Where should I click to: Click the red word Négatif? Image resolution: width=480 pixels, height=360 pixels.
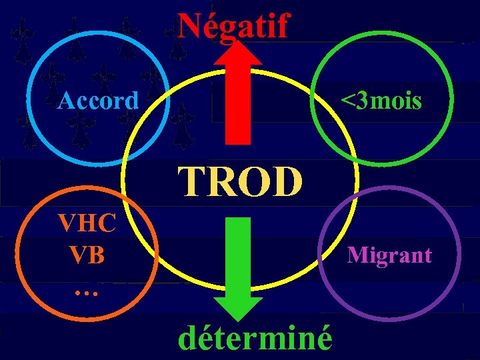(233, 27)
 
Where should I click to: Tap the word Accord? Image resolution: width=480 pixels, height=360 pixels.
(98, 101)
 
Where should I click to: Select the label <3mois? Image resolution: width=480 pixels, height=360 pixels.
(381, 101)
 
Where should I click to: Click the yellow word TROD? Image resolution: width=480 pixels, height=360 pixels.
(240, 182)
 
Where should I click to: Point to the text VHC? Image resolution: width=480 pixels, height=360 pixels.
(87, 222)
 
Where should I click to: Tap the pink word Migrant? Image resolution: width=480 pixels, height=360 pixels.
(389, 255)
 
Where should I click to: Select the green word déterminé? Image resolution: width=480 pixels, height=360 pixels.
(255, 338)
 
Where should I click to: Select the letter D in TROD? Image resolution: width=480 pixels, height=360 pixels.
(289, 182)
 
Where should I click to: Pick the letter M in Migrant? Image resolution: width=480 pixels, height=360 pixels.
(355, 255)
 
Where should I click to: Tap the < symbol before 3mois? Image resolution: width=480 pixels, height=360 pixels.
(347, 102)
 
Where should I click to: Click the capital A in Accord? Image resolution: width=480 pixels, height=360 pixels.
(65, 101)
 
